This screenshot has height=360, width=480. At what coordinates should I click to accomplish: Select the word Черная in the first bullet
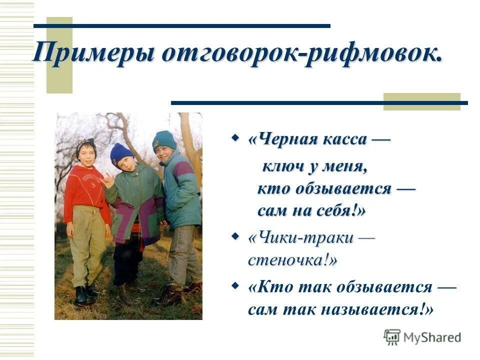[x=282, y=139]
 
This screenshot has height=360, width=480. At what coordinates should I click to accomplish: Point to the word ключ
[x=282, y=166]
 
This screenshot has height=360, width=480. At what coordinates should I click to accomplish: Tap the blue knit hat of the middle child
[x=120, y=153]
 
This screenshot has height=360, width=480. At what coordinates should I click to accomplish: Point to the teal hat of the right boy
[x=164, y=139]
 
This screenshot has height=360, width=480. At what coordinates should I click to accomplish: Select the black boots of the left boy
[x=86, y=295]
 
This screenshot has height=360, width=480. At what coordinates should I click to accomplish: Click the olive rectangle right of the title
[x=421, y=101]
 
